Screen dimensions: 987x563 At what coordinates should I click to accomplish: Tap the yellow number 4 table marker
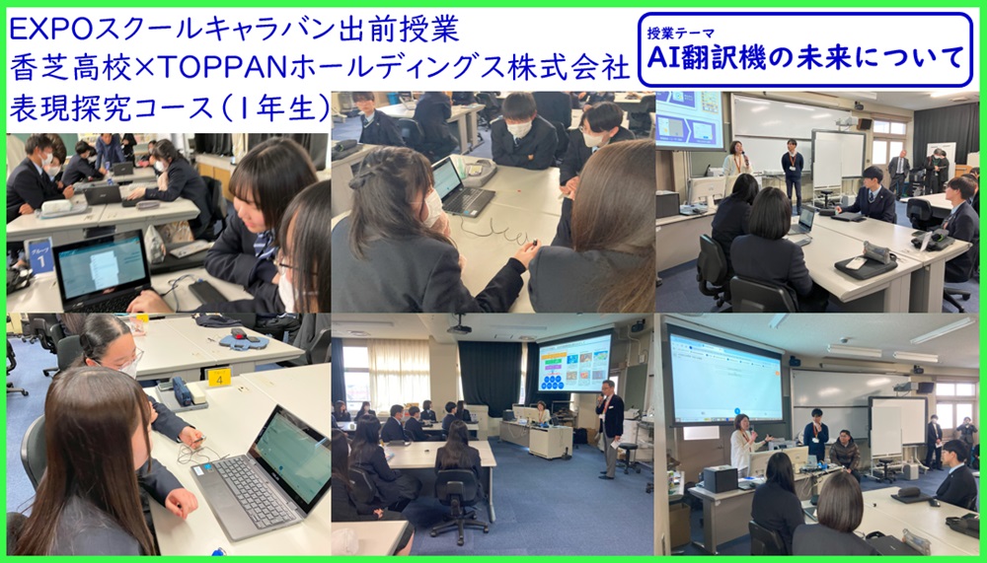click(x=219, y=378)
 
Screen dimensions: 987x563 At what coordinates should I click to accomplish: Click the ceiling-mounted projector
click(x=459, y=327)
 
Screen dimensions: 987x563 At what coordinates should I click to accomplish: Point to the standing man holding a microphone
click(x=609, y=428)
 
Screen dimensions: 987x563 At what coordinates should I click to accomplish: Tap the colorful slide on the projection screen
click(x=574, y=364)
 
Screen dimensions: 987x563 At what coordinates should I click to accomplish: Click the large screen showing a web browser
click(x=724, y=377)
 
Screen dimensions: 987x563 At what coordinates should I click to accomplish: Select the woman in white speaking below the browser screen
click(x=744, y=443)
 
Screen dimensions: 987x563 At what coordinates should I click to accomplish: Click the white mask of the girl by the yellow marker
click(x=129, y=367)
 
